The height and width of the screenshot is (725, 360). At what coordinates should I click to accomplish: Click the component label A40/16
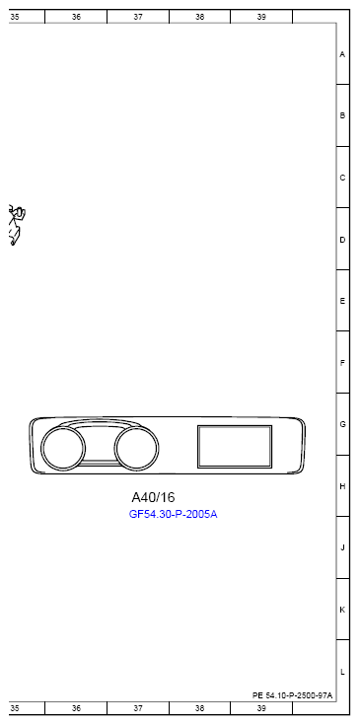(x=153, y=497)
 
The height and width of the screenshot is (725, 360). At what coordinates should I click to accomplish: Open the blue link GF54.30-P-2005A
(x=173, y=515)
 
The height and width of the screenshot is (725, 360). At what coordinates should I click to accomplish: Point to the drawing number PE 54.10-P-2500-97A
(x=293, y=695)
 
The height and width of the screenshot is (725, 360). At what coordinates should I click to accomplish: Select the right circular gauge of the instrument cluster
(x=136, y=450)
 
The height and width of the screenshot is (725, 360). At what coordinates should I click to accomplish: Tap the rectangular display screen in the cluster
(x=234, y=446)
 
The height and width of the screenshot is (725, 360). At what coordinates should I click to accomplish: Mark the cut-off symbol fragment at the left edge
(x=16, y=226)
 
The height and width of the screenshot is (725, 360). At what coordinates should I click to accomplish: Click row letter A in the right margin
(x=342, y=54)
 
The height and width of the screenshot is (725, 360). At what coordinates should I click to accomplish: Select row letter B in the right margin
(x=342, y=115)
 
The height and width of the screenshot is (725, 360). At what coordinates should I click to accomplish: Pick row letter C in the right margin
(x=342, y=178)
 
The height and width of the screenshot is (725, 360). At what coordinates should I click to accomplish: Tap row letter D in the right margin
(x=342, y=240)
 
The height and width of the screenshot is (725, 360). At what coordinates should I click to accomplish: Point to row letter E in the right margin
(x=342, y=301)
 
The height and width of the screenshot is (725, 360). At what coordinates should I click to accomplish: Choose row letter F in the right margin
(x=342, y=363)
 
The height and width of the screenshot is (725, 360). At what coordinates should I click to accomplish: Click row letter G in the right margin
(x=342, y=424)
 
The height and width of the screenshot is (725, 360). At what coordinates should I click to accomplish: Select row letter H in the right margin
(x=342, y=486)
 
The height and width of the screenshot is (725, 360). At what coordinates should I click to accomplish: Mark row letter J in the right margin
(x=342, y=547)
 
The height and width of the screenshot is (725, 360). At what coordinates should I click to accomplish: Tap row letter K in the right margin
(x=342, y=610)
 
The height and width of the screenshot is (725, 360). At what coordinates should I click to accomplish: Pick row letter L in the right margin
(x=342, y=672)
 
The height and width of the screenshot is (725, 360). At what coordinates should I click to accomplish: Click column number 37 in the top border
(x=138, y=17)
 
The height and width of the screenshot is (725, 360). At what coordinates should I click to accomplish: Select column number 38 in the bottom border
(x=200, y=708)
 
